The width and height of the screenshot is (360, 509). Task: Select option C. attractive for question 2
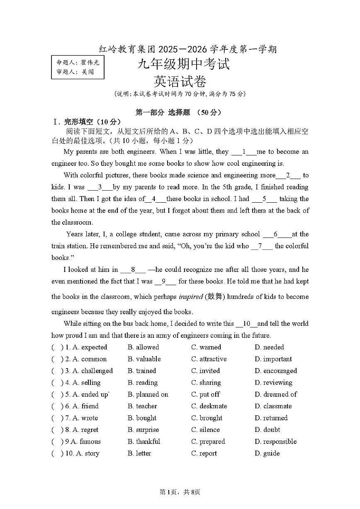pyautogui.click(x=209, y=359)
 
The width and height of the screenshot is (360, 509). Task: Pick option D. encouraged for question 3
pyautogui.click(x=276, y=371)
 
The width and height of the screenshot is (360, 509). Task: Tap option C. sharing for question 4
pyautogui.click(x=206, y=383)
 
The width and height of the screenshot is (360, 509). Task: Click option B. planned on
pyautogui.click(x=148, y=394)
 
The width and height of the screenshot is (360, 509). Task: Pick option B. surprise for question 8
pyautogui.click(x=143, y=430)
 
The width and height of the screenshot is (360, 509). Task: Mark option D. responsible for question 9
pyautogui.click(x=275, y=441)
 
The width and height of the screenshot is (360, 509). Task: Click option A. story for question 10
pyautogui.click(x=86, y=453)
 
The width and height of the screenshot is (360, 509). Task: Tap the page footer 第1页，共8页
pyautogui.click(x=180, y=492)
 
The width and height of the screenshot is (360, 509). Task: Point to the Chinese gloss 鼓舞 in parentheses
pyautogui.click(x=216, y=296)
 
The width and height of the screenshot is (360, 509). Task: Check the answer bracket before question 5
pyautogui.click(x=57, y=394)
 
